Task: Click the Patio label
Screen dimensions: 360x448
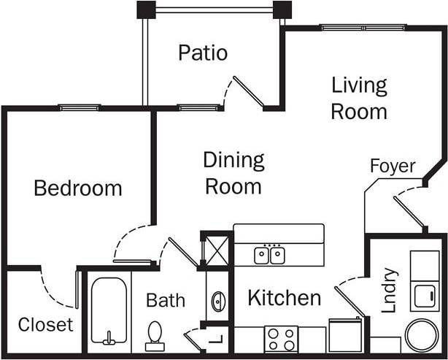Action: (203, 53)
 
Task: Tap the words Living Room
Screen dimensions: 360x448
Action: (358, 98)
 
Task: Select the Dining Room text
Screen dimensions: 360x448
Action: (233, 173)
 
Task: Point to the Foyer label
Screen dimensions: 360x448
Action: (392, 166)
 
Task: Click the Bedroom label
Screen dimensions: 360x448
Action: (78, 188)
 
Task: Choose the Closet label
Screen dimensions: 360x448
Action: (45, 323)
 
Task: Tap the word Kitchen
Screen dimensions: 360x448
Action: (284, 298)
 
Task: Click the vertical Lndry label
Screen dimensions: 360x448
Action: (390, 291)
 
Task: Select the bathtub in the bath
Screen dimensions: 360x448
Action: (109, 310)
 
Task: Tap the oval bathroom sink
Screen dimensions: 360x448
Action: (218, 301)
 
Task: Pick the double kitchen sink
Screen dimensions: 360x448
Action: (269, 255)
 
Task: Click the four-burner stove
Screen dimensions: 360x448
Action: (281, 339)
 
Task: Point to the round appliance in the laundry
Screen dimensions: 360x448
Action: (422, 335)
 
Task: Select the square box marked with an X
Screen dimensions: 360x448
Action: (217, 250)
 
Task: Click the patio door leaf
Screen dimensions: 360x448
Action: (249, 92)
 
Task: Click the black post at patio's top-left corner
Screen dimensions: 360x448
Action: (146, 9)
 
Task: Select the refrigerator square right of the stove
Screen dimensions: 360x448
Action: (345, 334)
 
